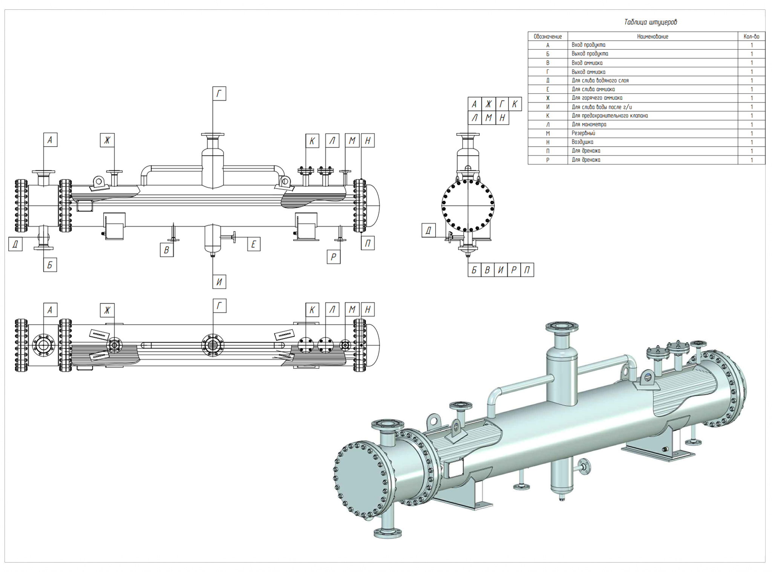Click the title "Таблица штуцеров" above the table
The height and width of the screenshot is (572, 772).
click(650, 22)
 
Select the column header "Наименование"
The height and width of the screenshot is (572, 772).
click(653, 37)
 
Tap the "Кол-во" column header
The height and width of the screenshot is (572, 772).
click(751, 37)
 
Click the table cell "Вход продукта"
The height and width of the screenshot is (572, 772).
click(588, 45)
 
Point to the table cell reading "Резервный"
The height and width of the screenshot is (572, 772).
click(583, 133)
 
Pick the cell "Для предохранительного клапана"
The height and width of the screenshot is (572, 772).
click(610, 116)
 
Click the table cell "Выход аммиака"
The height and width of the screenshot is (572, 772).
click(588, 72)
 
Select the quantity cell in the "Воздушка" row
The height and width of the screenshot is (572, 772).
click(751, 142)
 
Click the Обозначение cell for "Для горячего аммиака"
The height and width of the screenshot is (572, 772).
click(548, 98)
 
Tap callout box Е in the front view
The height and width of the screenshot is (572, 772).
click(253, 244)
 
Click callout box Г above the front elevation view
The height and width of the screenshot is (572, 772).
click(219, 94)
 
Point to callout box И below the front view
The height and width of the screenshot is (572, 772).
click(219, 282)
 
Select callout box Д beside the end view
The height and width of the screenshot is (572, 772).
click(428, 230)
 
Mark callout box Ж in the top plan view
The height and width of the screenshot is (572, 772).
click(107, 310)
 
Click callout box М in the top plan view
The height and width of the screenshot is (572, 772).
click(352, 310)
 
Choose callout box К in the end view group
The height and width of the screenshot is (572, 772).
click(515, 104)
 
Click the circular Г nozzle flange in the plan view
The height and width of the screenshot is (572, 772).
click(213, 345)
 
